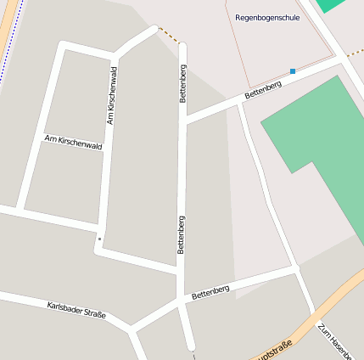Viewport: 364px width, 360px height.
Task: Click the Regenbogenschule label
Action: pos(267,17)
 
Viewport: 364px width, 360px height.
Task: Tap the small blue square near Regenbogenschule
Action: pos(293,71)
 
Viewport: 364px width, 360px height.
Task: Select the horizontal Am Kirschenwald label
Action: pos(73,142)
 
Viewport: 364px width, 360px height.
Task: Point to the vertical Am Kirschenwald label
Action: pos(111,97)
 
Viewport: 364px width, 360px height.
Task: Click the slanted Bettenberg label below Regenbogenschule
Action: pos(262,90)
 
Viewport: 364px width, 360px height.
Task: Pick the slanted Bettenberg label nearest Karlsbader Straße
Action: pos(210,293)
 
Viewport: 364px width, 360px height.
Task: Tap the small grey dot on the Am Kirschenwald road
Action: pos(99,239)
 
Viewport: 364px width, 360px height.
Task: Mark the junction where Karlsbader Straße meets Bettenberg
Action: pos(132,328)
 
